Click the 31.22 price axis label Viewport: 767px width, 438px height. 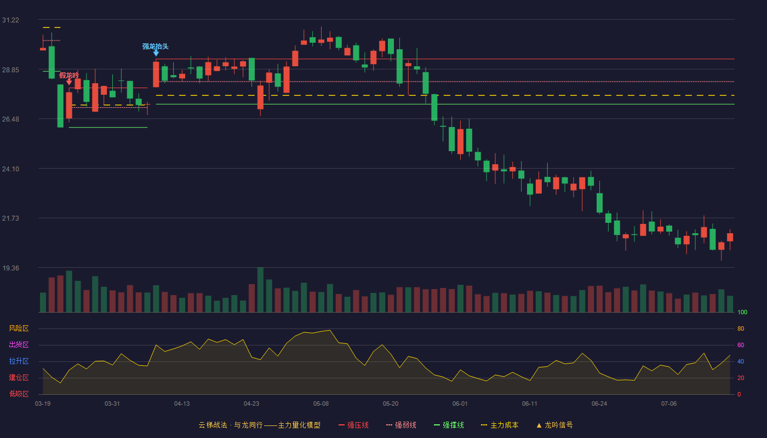(x=10, y=20)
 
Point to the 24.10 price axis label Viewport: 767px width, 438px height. (x=10, y=169)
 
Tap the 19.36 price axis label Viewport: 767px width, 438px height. (x=10, y=268)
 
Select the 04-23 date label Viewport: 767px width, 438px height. (x=251, y=404)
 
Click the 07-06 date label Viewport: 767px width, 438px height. (x=669, y=404)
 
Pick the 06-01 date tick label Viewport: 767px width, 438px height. (x=460, y=404)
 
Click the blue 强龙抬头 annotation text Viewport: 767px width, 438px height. (x=156, y=46)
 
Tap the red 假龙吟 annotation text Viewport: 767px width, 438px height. (x=69, y=76)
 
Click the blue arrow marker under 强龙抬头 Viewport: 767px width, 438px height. (x=156, y=54)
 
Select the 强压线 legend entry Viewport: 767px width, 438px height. (x=353, y=425)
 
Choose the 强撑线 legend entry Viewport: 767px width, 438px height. (x=449, y=425)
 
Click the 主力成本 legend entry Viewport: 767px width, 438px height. (x=500, y=425)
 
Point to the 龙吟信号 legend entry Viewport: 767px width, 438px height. (x=554, y=425)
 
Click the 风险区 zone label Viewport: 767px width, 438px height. (x=19, y=328)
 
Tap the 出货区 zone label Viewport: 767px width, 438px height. (x=19, y=344)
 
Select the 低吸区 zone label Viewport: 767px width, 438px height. (x=19, y=394)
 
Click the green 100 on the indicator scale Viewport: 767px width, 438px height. (x=742, y=312)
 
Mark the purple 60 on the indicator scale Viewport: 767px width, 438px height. (x=741, y=345)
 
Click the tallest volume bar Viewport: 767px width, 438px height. (x=260, y=290)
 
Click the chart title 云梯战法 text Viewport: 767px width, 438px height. (x=213, y=425)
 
